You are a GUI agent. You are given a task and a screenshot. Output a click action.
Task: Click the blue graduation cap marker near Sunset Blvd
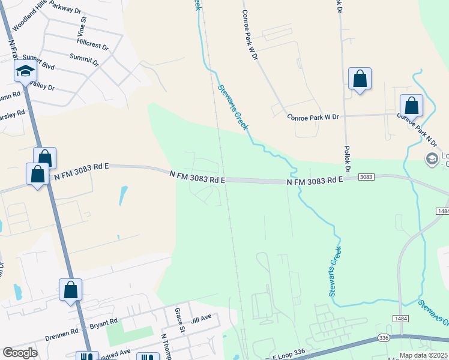25,72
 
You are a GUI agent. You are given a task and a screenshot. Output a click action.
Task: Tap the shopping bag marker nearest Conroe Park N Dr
411,106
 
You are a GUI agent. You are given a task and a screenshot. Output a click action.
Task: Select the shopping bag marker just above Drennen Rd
70,290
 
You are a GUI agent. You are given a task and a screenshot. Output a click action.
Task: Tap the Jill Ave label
201,317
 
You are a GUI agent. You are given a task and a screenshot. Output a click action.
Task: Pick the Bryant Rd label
103,326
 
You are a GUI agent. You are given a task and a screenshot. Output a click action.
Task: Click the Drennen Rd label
66,331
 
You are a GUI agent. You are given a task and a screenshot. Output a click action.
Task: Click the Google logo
20,353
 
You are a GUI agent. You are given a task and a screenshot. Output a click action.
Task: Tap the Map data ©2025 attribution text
423,355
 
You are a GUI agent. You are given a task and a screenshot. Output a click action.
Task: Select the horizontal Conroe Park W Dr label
313,117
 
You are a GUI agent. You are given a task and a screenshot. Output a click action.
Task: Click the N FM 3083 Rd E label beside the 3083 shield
315,181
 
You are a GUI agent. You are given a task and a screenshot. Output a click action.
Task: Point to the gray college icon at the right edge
431,160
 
